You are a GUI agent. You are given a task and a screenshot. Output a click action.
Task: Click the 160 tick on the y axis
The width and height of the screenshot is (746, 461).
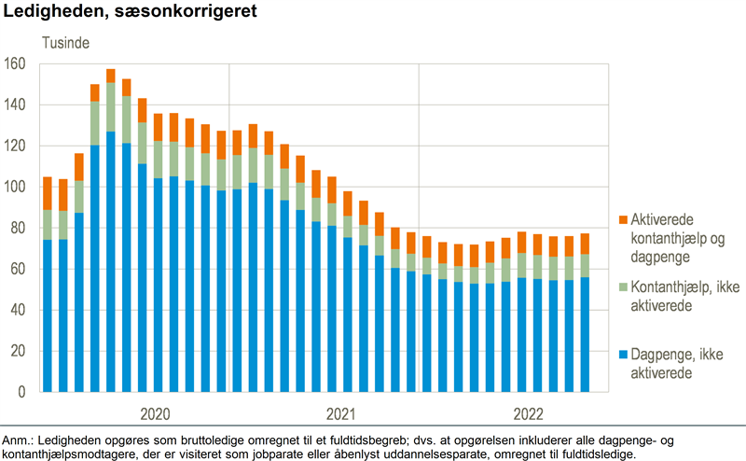click(x=18, y=64)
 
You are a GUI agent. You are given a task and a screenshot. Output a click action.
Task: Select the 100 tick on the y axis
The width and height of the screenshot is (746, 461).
click(x=18, y=188)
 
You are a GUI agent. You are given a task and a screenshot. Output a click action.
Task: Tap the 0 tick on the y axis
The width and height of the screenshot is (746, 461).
click(x=24, y=393)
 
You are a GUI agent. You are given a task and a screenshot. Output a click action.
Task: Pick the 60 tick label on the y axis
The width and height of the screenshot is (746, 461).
click(x=21, y=270)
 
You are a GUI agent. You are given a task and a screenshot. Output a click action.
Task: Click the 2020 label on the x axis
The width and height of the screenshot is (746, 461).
click(x=158, y=412)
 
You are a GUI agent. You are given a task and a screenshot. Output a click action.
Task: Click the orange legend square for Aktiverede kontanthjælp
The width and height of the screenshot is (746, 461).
click(x=621, y=219)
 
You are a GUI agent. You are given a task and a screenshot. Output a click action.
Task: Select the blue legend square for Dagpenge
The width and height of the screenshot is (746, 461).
click(x=621, y=356)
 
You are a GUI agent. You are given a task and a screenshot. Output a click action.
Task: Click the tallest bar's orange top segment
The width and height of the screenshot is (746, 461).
click(x=111, y=76)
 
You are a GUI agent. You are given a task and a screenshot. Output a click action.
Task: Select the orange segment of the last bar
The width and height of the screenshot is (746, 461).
click(x=585, y=244)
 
